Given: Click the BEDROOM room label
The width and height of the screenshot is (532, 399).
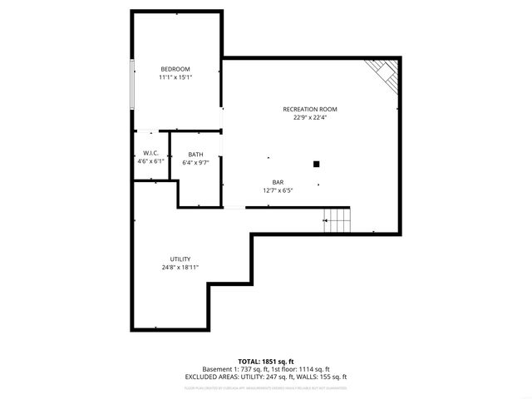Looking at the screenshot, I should (175, 68).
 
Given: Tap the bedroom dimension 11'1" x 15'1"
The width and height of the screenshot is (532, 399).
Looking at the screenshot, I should (175, 77).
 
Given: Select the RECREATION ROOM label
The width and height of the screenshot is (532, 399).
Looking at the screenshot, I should (310, 109).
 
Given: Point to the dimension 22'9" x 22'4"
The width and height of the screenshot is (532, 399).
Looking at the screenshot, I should (310, 117).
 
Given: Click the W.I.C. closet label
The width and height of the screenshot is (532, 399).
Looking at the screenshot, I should (150, 153).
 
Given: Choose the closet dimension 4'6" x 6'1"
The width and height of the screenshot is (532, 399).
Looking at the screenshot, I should (150, 161).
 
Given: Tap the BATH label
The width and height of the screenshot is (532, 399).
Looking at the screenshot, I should (195, 154).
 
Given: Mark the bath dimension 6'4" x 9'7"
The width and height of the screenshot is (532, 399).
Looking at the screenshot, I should (195, 162).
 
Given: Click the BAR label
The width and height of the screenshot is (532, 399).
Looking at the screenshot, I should (278, 182).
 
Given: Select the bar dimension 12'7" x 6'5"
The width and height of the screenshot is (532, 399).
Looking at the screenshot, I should (278, 190).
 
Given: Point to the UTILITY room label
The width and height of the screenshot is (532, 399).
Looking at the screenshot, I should (180, 259).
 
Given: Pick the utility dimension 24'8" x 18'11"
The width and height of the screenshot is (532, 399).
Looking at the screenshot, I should (180, 268).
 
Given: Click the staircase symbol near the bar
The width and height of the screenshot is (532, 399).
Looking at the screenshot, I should (337, 220).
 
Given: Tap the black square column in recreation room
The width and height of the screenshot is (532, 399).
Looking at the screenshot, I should (316, 164).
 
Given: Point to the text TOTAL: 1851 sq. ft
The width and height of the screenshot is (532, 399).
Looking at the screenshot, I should (266, 362).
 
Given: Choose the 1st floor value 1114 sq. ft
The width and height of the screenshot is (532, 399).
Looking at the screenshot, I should (314, 369).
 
